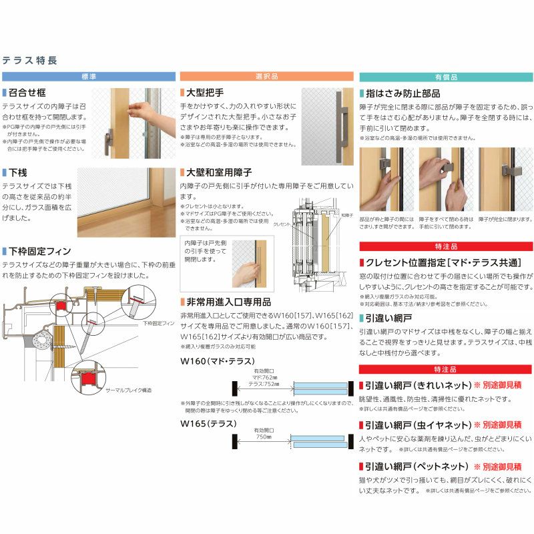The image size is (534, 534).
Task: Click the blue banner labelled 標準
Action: click(x=89, y=77)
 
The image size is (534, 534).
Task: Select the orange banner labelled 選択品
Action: click(x=267, y=77)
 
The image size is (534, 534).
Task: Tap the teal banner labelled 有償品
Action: click(x=446, y=77)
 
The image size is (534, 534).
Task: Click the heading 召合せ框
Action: click(x=27, y=93)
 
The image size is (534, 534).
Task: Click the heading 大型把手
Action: click(x=205, y=93)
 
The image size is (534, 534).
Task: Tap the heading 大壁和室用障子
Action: click(x=218, y=172)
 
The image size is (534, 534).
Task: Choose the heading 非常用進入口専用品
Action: click(x=227, y=301)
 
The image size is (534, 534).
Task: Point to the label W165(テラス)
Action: click(x=204, y=423)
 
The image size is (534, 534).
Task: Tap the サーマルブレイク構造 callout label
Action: click(x=128, y=389)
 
